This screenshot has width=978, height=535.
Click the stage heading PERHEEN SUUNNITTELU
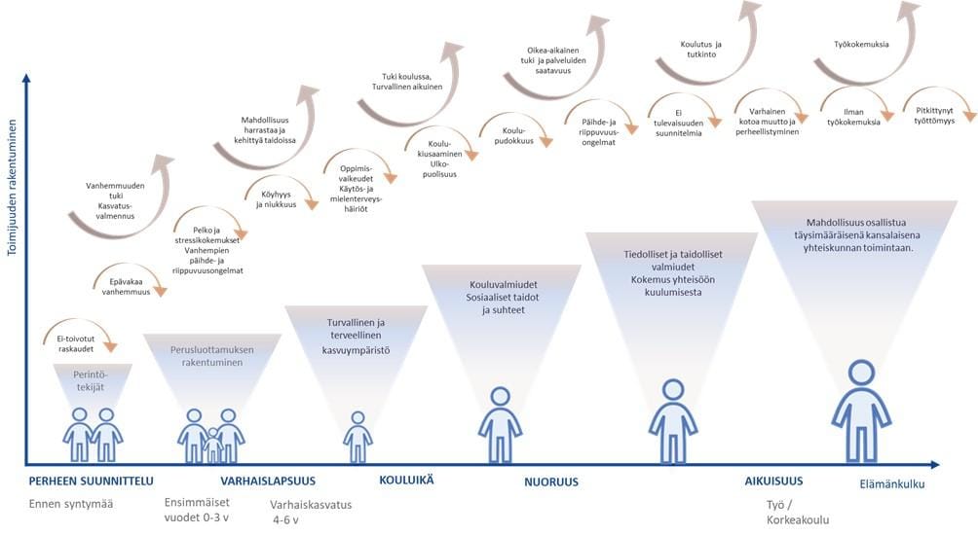click(x=91, y=481)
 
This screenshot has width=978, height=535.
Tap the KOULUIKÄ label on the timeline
click(x=406, y=481)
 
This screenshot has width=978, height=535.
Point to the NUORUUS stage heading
click(x=551, y=481)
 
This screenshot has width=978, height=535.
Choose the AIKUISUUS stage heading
click(x=774, y=481)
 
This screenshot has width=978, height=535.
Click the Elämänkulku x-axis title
click(x=891, y=484)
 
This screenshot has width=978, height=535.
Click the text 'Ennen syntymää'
click(x=71, y=503)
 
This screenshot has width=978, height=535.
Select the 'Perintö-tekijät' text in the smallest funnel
click(x=93, y=379)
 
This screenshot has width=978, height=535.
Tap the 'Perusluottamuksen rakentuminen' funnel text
click(x=211, y=356)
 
